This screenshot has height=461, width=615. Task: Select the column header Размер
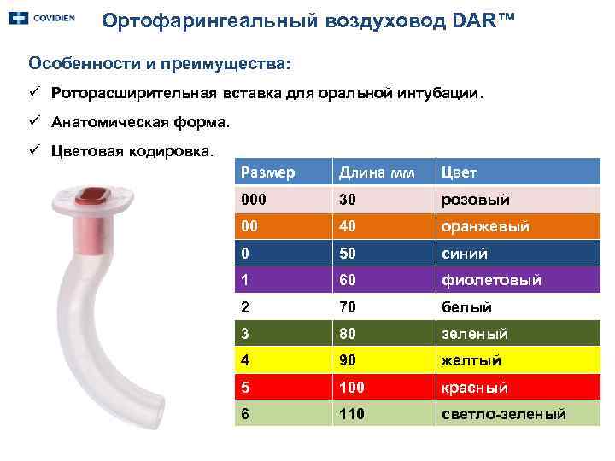pos(267,173)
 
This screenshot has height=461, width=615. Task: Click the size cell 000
pos(254,200)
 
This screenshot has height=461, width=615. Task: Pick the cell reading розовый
pos(476,200)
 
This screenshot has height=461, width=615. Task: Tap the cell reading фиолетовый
pos(491,280)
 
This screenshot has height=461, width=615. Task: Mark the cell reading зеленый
pos(475,334)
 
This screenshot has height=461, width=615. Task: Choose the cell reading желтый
pos(471,360)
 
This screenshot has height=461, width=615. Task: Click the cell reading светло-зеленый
pos(503,414)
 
